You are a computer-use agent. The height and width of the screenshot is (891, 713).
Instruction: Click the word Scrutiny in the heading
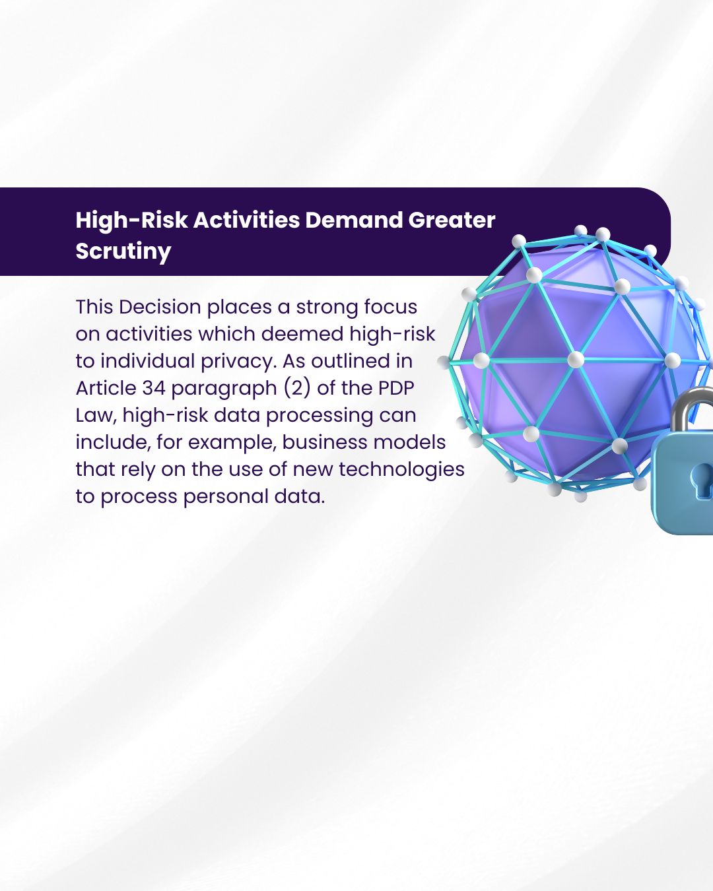point(123,251)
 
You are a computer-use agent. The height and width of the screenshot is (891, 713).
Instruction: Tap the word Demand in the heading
point(354,220)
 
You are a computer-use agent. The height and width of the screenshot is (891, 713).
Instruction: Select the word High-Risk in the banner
point(131,220)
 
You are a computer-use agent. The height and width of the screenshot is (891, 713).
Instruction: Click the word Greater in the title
point(452,220)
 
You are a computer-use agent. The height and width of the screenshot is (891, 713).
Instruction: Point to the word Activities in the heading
point(246,220)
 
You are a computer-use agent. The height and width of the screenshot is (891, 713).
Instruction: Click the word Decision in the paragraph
point(160,307)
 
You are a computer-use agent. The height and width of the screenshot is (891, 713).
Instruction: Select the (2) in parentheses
point(297,388)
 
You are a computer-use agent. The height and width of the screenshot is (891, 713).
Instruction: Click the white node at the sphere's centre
point(575,360)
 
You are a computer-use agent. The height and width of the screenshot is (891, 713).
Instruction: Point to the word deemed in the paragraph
point(302,334)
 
